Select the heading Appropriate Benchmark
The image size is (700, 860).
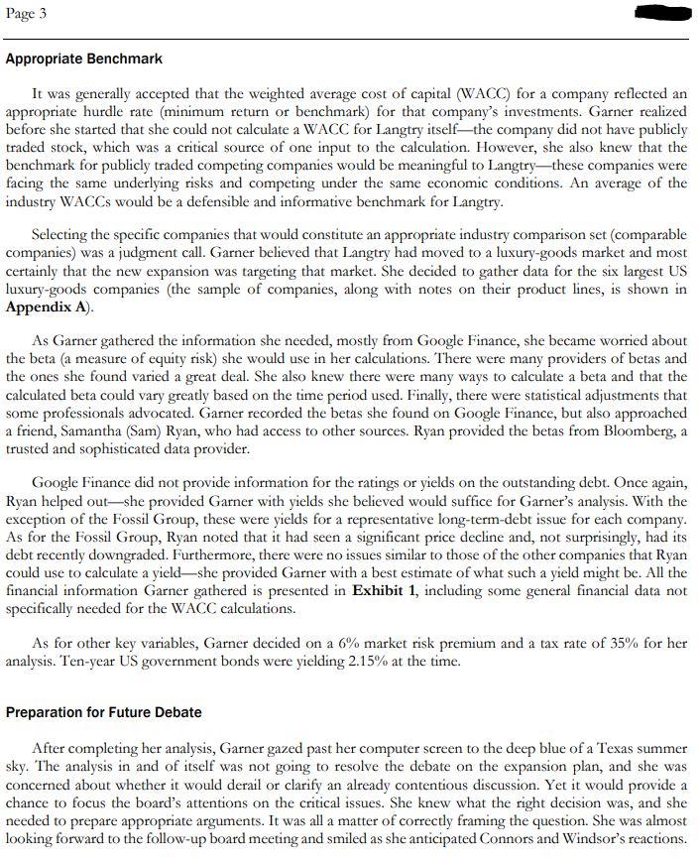tap(84, 60)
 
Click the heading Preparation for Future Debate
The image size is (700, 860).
tap(104, 711)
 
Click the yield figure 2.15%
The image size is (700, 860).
tap(419, 661)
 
